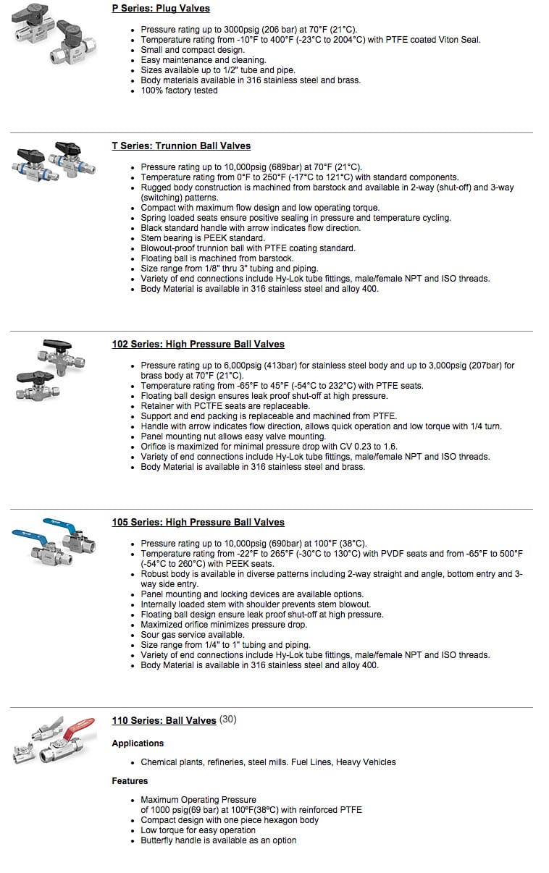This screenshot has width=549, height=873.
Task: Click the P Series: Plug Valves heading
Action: (x=161, y=9)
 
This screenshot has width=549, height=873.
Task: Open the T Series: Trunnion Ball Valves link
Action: (x=181, y=145)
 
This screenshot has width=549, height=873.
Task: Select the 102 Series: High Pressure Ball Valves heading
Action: (x=198, y=344)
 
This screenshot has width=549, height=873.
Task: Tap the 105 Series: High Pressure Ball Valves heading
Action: (x=198, y=522)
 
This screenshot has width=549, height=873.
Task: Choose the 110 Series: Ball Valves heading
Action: (x=164, y=720)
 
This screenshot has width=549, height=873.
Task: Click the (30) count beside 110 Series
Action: (x=228, y=720)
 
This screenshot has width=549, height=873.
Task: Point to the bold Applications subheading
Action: (x=138, y=743)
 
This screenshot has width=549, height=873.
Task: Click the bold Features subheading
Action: (x=130, y=781)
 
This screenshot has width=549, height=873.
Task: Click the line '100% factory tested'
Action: (x=179, y=90)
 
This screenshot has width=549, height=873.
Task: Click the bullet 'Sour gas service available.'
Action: (x=193, y=635)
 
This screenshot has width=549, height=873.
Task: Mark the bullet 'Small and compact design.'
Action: (x=193, y=50)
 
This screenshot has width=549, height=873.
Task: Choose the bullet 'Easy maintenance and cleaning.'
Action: (x=204, y=60)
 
